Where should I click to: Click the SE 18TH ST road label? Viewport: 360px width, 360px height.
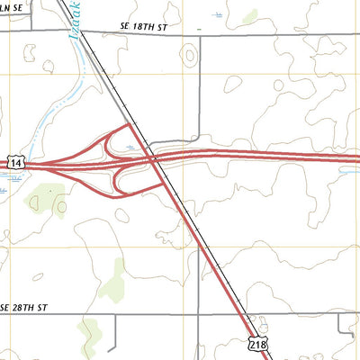(x=137, y=29)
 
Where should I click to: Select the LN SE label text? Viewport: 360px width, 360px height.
(x=11, y=7)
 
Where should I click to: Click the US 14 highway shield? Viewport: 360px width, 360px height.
(x=15, y=162)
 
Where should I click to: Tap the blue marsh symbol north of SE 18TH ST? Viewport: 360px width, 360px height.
(x=218, y=14)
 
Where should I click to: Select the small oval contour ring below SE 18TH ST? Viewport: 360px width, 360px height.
(x=189, y=56)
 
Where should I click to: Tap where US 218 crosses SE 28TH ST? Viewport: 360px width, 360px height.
(x=238, y=314)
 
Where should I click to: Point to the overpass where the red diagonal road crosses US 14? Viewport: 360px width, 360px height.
(x=155, y=160)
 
